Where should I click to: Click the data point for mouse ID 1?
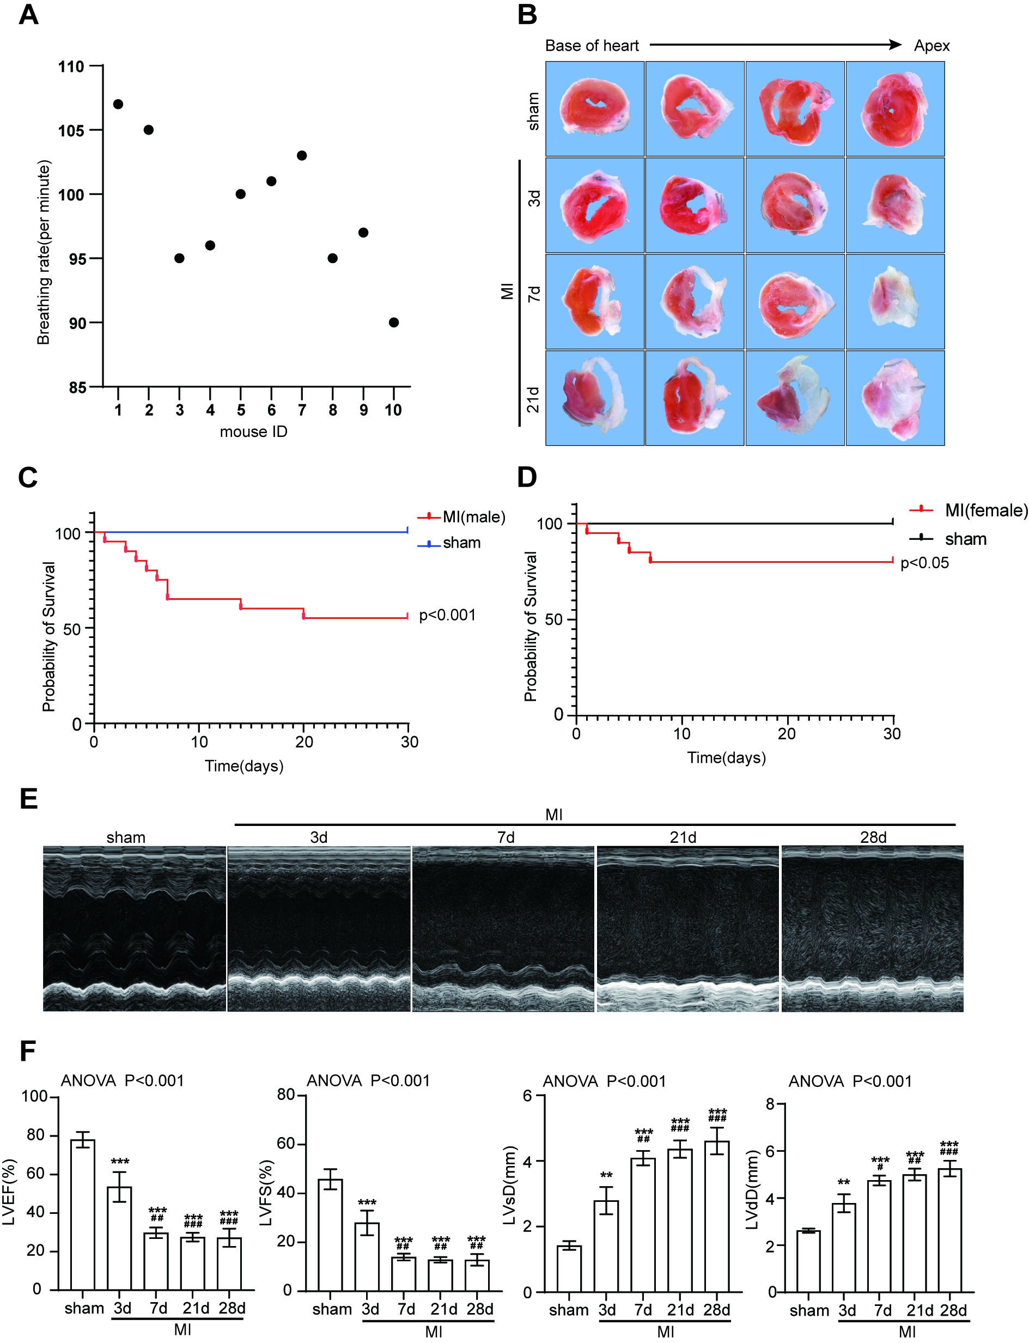pyautogui.click(x=118, y=104)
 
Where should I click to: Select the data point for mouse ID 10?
pyautogui.click(x=394, y=323)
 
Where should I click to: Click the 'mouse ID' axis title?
pyautogui.click(x=254, y=432)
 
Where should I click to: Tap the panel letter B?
pyautogui.click(x=527, y=15)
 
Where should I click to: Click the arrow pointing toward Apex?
pyautogui.click(x=775, y=45)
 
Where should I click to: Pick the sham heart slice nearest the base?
pyautogui.click(x=594, y=108)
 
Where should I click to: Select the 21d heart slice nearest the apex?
pyautogui.click(x=895, y=398)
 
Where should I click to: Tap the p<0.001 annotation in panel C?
pyautogui.click(x=447, y=615)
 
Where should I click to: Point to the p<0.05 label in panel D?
pyautogui.click(x=924, y=563)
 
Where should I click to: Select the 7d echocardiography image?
pyautogui.click(x=503, y=928)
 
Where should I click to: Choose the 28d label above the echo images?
pyautogui.click(x=873, y=837)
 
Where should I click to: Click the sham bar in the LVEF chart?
pyautogui.click(x=83, y=1214)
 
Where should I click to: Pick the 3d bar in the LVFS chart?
pyautogui.click(x=367, y=1256)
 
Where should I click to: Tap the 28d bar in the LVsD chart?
pyautogui.click(x=717, y=1216)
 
